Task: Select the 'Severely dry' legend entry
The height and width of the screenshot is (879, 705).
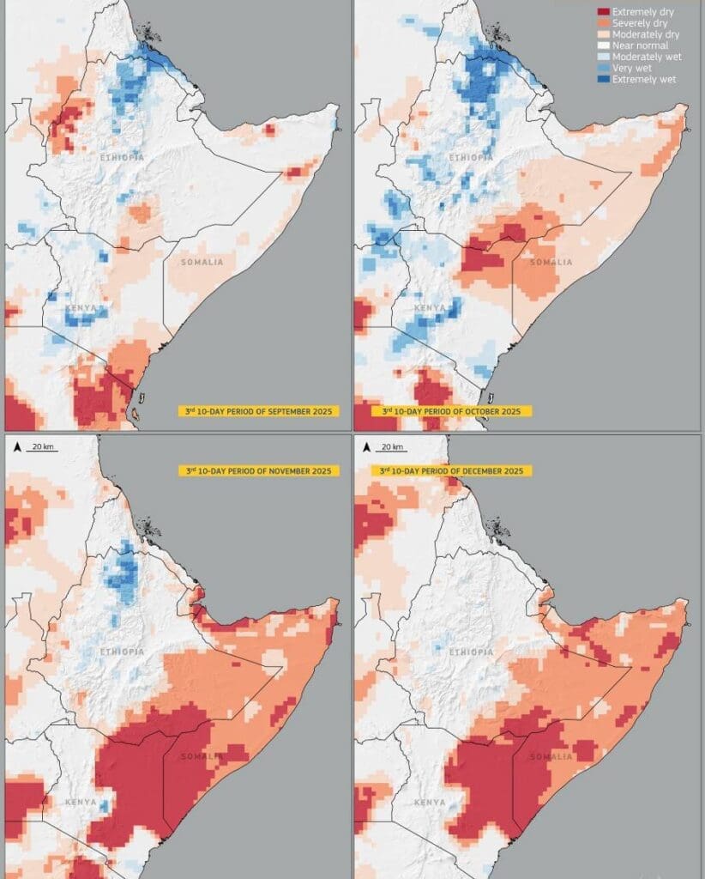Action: tap(640, 23)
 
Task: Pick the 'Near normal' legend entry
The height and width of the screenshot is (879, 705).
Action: tap(638, 45)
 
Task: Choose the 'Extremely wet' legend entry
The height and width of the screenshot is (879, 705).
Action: tap(640, 79)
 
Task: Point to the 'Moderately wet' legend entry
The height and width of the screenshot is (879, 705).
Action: tap(643, 57)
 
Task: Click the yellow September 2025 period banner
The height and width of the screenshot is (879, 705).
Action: tap(258, 411)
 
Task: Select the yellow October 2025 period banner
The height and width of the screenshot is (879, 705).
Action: tap(452, 411)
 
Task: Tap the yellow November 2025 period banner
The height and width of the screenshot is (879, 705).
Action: tap(258, 470)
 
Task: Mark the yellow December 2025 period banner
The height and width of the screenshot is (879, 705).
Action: tap(452, 470)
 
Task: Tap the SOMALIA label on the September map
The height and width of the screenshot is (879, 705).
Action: tap(202, 261)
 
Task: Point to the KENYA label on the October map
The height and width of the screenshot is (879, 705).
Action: tap(431, 307)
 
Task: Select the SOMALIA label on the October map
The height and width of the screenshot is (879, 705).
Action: tap(551, 262)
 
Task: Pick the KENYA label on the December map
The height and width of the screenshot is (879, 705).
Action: tap(430, 802)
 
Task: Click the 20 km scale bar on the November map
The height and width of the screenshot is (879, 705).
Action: tap(40, 447)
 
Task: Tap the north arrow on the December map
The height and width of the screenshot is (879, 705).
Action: tap(367, 447)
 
